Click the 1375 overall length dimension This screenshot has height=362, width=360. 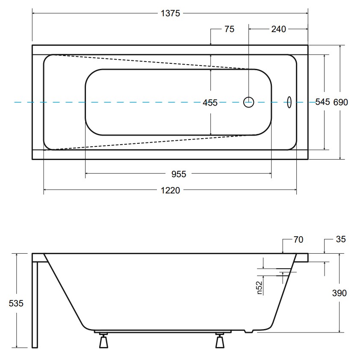click(170, 13)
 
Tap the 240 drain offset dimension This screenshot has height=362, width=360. click(278, 29)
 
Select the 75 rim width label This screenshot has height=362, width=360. click(229, 29)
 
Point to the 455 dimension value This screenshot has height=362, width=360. click(210, 103)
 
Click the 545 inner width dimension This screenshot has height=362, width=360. click(322, 102)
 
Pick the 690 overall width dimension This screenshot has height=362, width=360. click(340, 102)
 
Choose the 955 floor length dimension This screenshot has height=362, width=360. click(178, 174)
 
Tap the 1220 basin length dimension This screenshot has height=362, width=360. click(170, 190)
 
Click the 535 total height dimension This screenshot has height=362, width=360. click(16, 303)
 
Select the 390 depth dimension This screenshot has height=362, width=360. click(339, 293)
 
